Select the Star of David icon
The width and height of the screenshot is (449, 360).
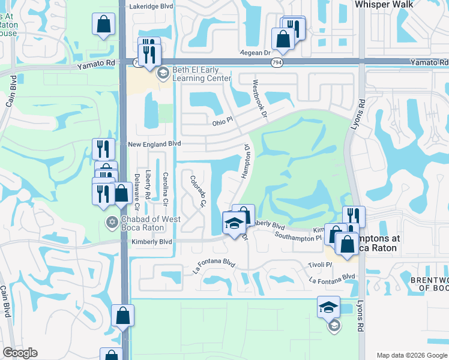111,223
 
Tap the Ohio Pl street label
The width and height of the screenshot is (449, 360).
223,122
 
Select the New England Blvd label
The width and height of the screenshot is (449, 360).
154,145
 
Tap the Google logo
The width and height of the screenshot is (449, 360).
20,353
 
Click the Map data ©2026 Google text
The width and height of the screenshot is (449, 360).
412,355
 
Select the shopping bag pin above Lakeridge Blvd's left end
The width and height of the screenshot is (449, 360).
103,25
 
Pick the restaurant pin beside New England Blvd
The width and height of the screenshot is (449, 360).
103,149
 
